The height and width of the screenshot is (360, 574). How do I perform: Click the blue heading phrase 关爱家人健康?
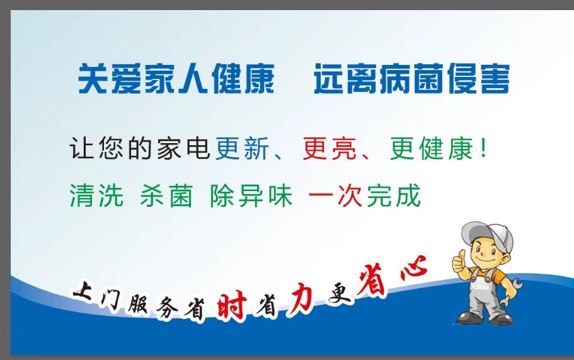click(x=176, y=79)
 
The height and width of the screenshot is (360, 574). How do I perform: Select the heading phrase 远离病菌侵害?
click(x=411, y=79)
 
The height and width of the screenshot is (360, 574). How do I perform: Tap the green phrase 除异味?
click(x=251, y=196)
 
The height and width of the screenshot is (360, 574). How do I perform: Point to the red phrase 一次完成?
click(x=364, y=196)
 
